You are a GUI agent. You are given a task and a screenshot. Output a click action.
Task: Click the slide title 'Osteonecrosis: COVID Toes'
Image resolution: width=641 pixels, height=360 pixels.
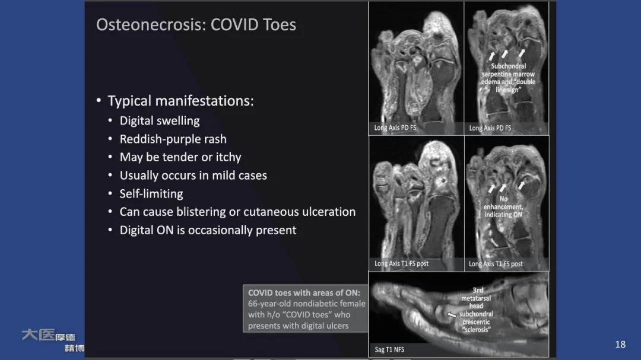[x=196, y=25]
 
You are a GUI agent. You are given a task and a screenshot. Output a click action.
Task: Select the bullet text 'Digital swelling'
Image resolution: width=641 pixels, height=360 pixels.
[x=159, y=121]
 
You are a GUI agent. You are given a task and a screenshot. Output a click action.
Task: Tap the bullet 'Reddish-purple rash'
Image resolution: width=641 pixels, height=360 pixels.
[x=173, y=139]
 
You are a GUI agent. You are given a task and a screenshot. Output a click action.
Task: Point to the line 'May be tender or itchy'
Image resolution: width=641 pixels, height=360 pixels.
[x=180, y=157]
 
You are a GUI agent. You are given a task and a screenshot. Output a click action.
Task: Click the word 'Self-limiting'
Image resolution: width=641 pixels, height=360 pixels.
[x=151, y=194]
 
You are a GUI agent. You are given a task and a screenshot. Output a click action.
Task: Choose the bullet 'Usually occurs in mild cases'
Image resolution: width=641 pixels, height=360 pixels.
[x=193, y=176]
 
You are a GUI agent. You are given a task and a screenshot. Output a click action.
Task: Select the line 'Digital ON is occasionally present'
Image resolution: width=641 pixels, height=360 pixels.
[x=208, y=230]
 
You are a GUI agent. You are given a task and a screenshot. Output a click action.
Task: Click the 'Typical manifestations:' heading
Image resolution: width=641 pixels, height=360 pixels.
[x=180, y=101]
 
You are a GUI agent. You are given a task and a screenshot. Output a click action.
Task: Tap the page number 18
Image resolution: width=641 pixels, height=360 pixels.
[x=620, y=345]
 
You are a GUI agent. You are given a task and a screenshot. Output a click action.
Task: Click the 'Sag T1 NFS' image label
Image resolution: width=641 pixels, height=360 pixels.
[x=389, y=349]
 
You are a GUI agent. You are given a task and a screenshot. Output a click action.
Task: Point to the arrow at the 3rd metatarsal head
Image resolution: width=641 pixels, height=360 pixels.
[x=453, y=314]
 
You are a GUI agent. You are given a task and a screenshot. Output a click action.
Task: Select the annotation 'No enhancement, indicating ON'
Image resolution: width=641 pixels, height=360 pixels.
[x=503, y=207]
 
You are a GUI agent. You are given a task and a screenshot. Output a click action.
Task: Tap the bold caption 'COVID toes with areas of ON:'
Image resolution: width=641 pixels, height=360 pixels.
[x=304, y=293]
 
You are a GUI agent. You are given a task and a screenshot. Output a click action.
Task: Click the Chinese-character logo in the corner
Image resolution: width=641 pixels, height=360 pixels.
[x=53, y=340]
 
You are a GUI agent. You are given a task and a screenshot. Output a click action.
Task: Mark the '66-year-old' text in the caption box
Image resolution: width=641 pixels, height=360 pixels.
[x=269, y=304]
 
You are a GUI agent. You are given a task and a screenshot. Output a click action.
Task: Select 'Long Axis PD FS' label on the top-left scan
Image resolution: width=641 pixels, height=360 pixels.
[x=395, y=128]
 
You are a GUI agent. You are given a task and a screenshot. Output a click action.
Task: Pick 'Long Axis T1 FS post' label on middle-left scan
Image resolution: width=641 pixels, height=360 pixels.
[x=401, y=263]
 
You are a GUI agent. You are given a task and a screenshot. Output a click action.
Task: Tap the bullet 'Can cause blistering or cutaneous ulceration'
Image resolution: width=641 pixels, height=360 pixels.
[x=237, y=212]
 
